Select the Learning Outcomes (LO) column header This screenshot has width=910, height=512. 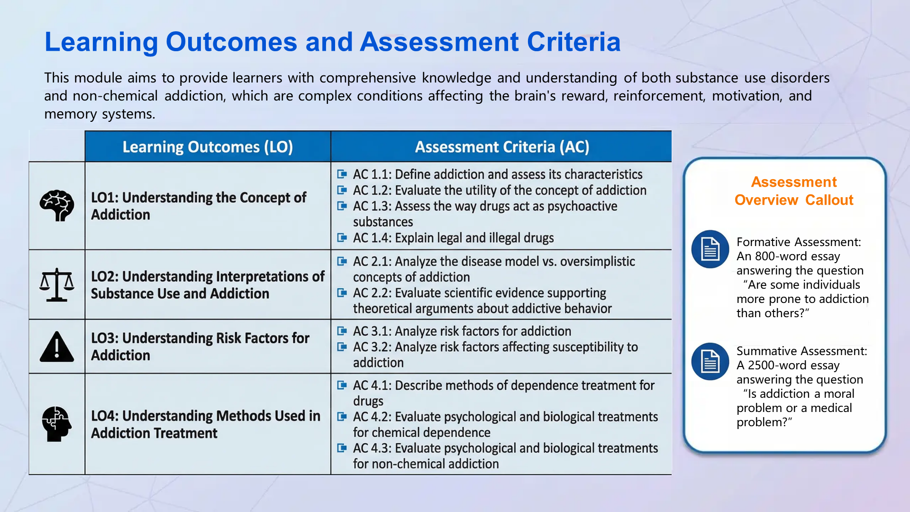[208, 147]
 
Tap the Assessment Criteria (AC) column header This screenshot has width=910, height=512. [501, 147]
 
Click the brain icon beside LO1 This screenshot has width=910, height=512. [57, 206]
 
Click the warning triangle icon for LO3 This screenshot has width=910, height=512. [57, 347]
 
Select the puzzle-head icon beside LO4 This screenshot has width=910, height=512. [57, 424]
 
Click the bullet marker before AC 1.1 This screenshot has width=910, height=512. [342, 174]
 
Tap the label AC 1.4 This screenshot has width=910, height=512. [372, 238]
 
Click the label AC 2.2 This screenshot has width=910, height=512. [372, 293]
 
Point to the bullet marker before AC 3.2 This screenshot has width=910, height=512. [342, 347]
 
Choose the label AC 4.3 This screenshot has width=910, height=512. [372, 448]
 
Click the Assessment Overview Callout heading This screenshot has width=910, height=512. [794, 191]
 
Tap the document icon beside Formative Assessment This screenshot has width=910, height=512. [710, 249]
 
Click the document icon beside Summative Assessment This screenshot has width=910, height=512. [710, 361]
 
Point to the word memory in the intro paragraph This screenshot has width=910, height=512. [70, 114]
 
